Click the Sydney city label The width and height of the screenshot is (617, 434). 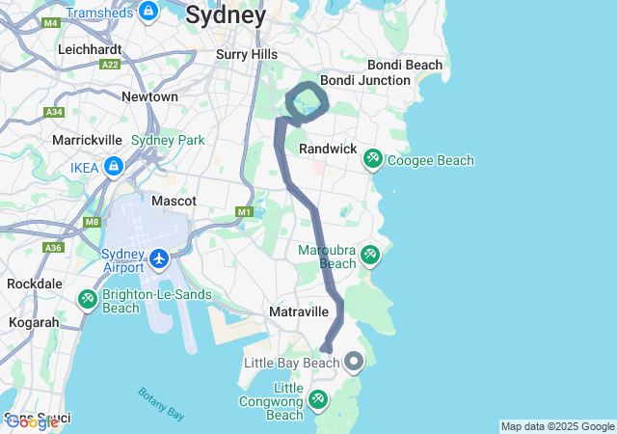tap(226, 15)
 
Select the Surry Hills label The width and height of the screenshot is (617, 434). tap(247, 54)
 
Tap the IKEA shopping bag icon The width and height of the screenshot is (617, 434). tap(114, 167)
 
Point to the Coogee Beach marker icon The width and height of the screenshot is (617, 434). tap(372, 159)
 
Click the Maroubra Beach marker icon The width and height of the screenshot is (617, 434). tap(370, 256)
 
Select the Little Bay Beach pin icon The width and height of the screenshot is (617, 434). tap(354, 363)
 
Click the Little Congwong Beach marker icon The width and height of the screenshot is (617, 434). tap(318, 398)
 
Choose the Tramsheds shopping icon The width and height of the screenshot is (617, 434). tap(148, 11)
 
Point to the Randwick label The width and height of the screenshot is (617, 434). tap(328, 149)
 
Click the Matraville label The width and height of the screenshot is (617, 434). tap(299, 312)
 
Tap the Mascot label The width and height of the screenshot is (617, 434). tap(174, 201)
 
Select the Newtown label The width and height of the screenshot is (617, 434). tap(149, 96)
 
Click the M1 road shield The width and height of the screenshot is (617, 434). tap(244, 211)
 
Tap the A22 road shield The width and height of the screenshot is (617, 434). tap(111, 65)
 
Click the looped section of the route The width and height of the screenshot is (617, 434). tap(305, 101)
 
